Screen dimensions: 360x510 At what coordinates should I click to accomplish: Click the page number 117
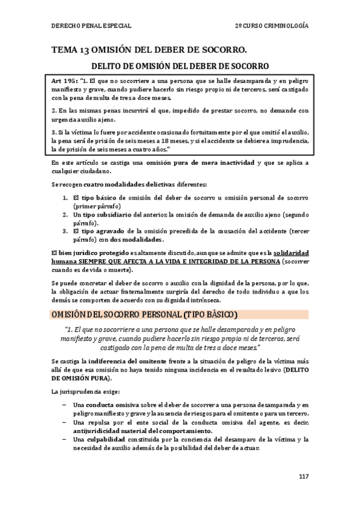point(303,476)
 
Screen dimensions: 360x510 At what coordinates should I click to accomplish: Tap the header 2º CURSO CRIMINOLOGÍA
point(272,26)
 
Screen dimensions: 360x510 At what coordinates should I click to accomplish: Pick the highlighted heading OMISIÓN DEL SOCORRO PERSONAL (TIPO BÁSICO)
point(144,315)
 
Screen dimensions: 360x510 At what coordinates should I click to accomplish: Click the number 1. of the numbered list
point(66,198)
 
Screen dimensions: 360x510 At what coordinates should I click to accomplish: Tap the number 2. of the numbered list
point(66,214)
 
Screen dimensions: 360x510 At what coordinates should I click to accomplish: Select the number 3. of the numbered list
point(66,231)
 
